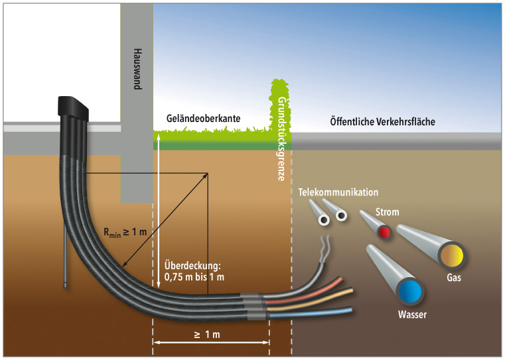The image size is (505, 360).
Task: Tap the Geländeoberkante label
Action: tap(202, 119)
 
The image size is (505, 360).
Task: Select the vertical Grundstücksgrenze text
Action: tap(281, 139)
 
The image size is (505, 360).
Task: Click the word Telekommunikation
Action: tap(338, 192)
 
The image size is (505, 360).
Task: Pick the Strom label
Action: tap(386, 213)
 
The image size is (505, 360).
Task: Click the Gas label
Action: tap(453, 278)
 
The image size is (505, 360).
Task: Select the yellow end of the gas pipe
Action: tap(453, 255)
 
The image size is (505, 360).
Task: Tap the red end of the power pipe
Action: tap(384, 232)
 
